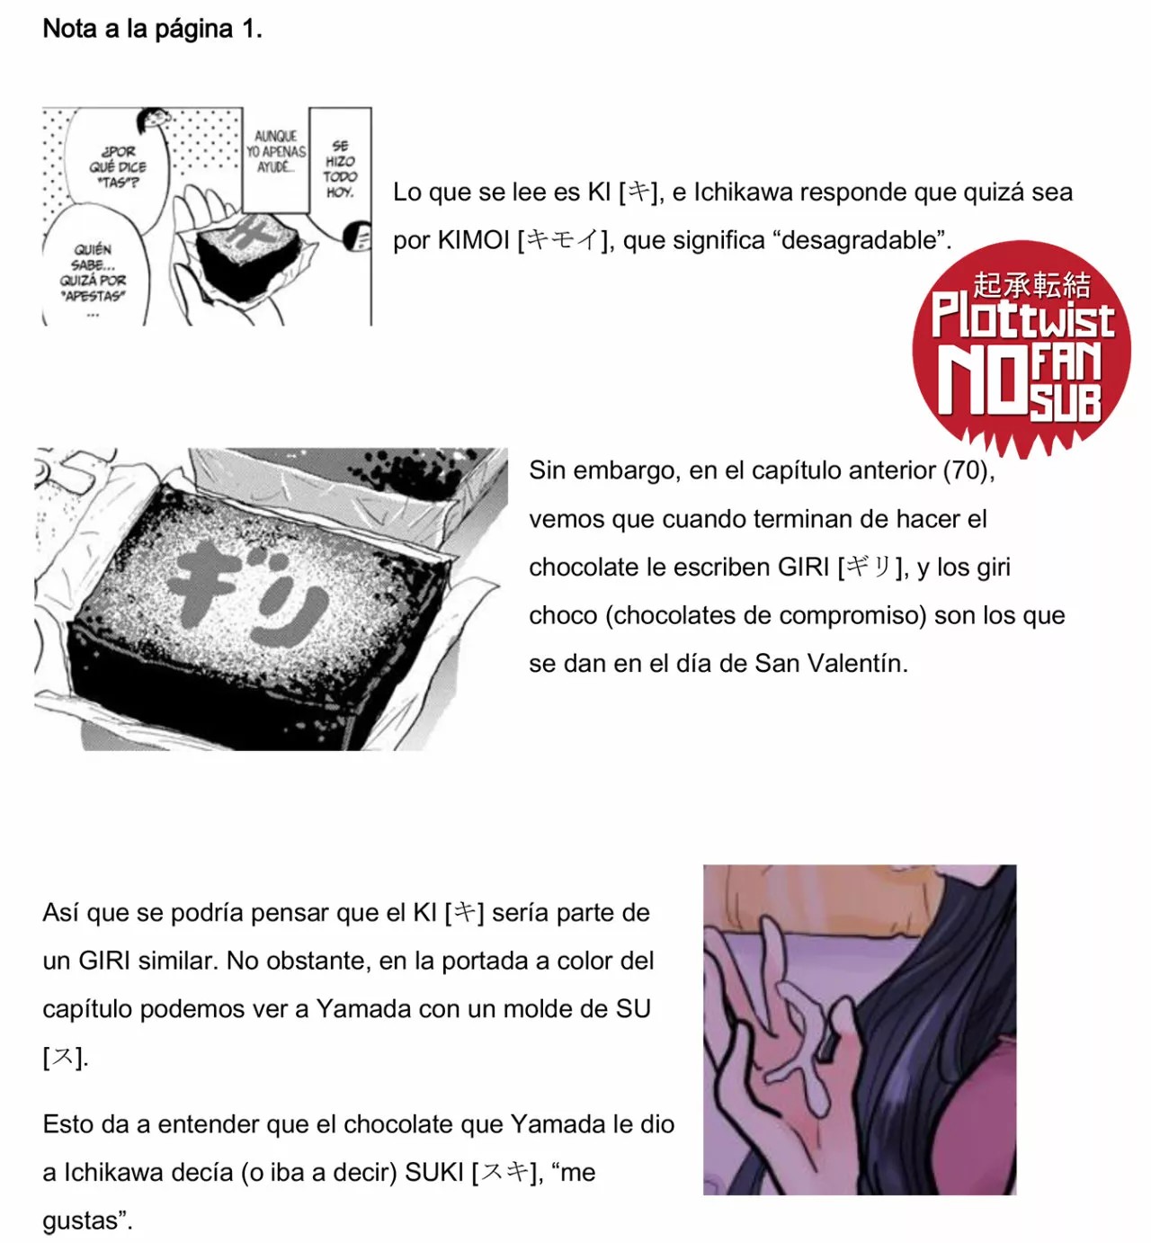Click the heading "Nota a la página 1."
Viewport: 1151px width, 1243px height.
pos(152,29)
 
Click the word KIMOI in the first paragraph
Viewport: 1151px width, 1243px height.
pos(473,240)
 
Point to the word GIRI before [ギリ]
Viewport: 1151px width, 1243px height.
pos(803,568)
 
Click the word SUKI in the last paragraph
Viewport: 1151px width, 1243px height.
pos(434,1173)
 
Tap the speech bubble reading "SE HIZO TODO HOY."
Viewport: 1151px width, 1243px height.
pos(340,168)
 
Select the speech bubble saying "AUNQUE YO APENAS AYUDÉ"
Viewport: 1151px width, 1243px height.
pos(275,152)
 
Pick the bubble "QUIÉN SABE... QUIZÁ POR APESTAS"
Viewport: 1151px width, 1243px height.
pos(94,272)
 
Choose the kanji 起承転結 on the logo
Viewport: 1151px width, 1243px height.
pos(1031,284)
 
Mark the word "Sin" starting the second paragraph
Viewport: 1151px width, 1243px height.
pos(547,470)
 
